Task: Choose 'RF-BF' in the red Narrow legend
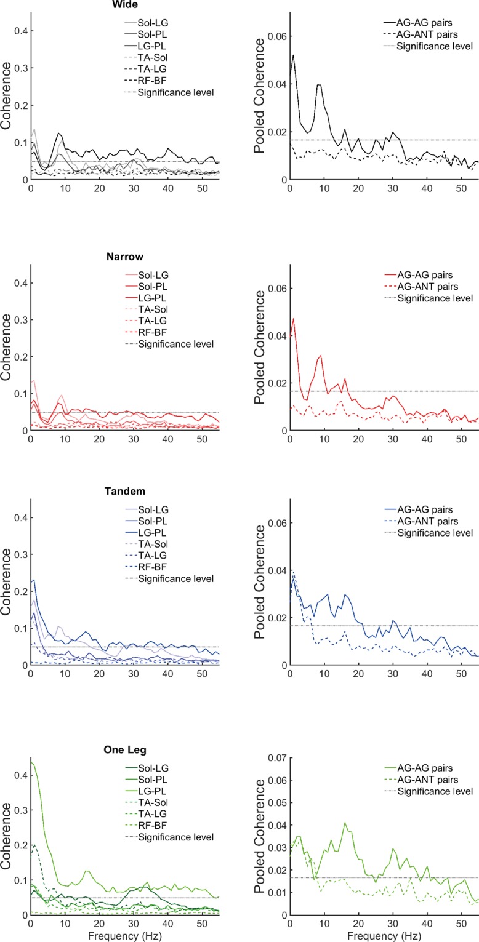point(151,332)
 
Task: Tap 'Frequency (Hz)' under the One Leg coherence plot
point(125,935)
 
